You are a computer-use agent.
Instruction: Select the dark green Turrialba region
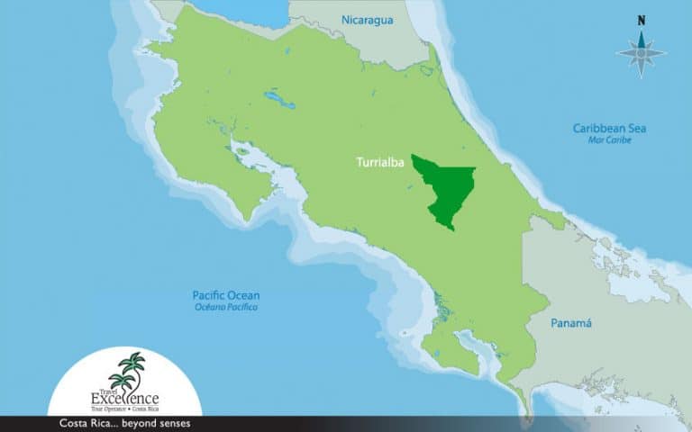(x=445, y=189)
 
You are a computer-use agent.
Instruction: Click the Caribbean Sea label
(x=609, y=129)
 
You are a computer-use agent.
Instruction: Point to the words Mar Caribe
(x=610, y=140)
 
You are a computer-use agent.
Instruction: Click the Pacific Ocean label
(x=225, y=295)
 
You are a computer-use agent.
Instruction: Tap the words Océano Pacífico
(x=225, y=307)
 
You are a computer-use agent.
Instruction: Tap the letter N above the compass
(x=641, y=20)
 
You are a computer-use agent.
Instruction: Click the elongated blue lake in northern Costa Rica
(x=280, y=95)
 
